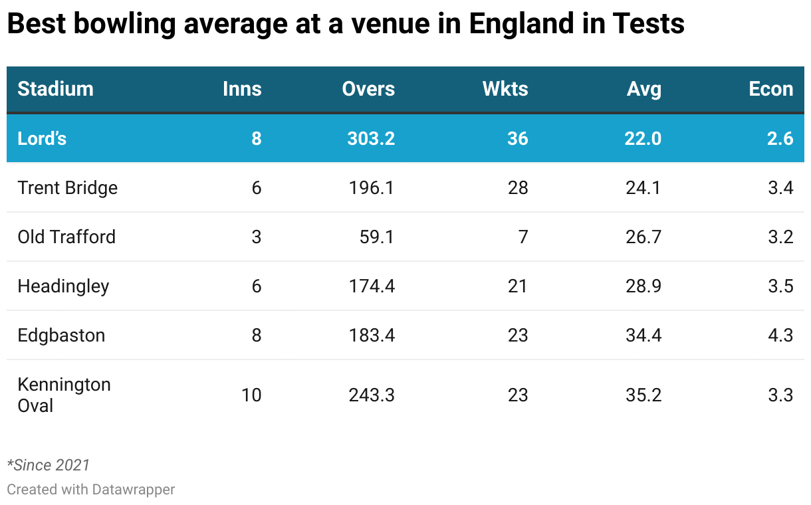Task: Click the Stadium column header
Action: coord(55,89)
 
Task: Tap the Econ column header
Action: coord(770,89)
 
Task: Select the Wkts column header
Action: coord(505,89)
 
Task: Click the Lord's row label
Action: coord(42,138)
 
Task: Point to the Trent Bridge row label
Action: coord(67,188)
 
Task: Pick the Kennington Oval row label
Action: coord(64,395)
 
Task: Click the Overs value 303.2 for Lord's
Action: coord(371,138)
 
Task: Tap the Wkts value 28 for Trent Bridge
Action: coord(517,188)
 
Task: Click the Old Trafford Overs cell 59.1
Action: coord(377,237)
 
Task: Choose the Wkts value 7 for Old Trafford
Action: coord(522,237)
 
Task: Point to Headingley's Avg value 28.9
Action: coord(644,286)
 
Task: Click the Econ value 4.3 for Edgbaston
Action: coord(780,336)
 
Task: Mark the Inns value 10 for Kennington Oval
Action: coord(251,395)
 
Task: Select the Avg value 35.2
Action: coord(644,395)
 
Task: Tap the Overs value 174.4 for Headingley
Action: coord(372,286)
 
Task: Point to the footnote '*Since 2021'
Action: coord(48,465)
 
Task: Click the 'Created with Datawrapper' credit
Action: coord(90,490)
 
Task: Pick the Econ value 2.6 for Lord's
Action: coord(780,138)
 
